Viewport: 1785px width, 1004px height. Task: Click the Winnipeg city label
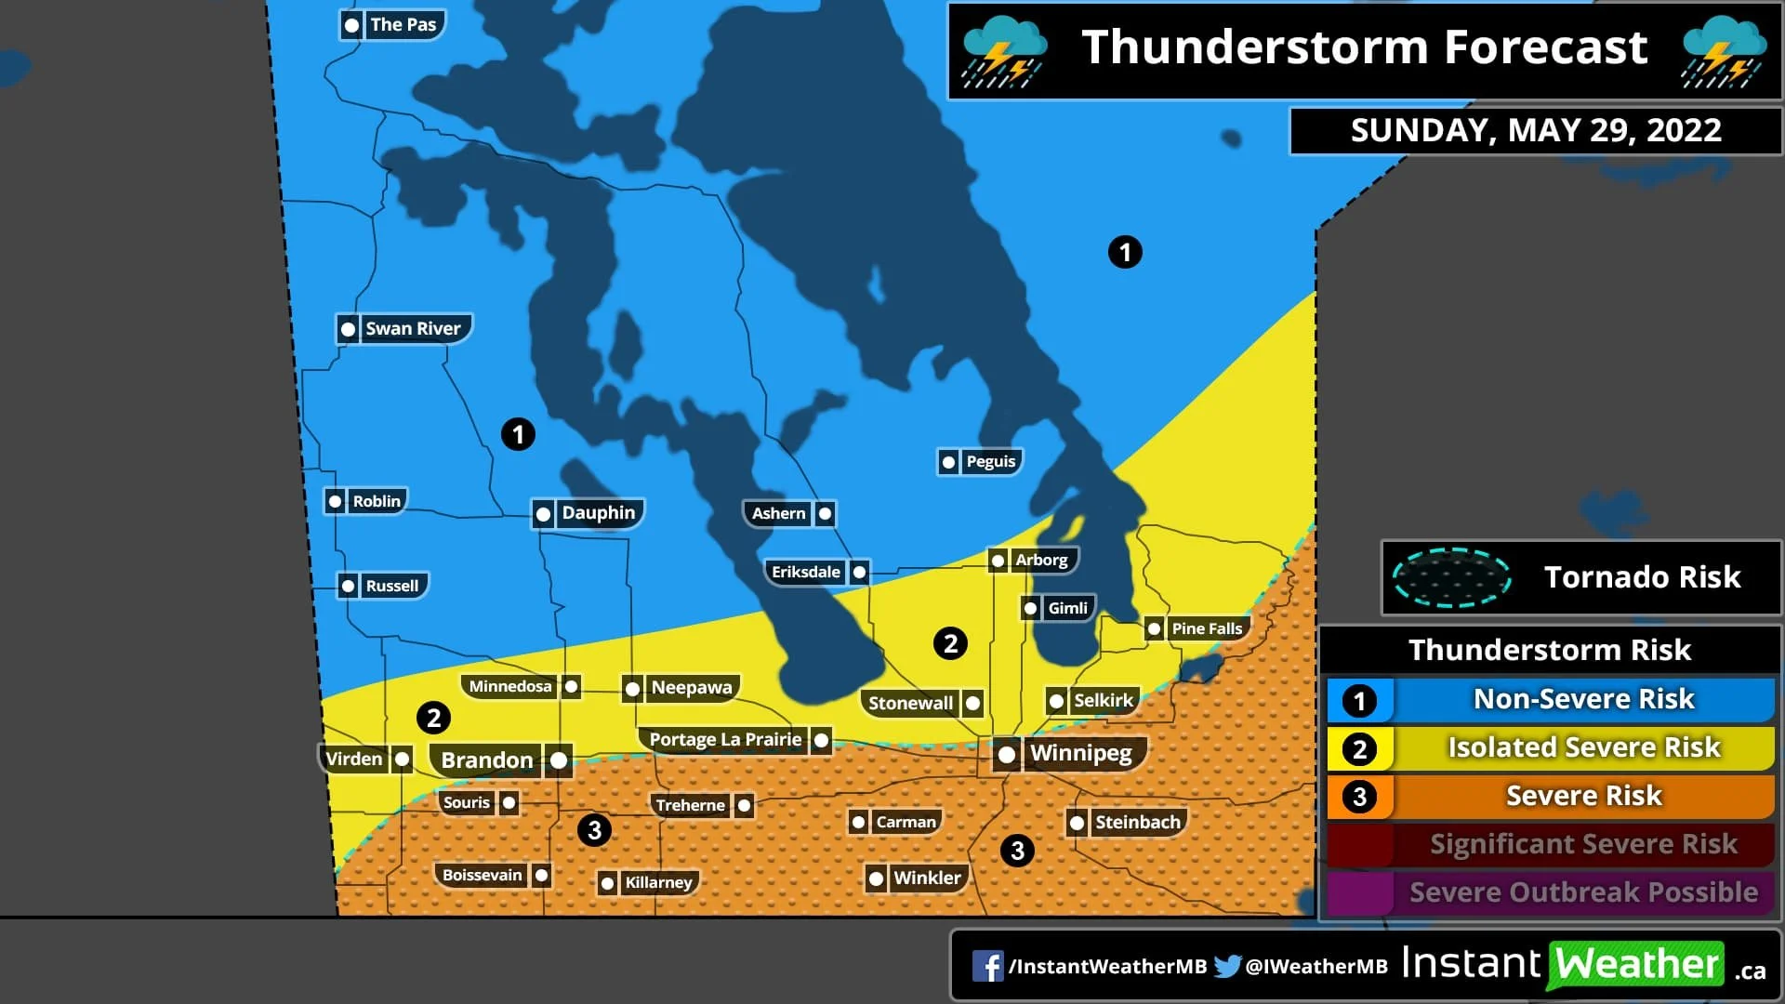(1080, 753)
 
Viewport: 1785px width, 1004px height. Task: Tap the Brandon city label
(486, 760)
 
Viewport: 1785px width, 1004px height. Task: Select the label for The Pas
(403, 25)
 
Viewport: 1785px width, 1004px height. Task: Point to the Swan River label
(413, 328)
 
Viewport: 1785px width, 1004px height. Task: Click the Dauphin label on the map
(598, 513)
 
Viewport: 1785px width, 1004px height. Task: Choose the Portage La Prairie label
(724, 740)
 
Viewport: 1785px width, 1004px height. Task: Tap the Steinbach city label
(1137, 822)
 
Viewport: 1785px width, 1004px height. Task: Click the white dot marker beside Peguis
(948, 462)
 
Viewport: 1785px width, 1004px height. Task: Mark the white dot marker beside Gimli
(1030, 609)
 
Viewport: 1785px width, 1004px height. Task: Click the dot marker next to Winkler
(876, 878)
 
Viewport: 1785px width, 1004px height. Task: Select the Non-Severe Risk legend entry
(1582, 700)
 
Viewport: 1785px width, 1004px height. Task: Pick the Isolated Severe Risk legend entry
(1582, 748)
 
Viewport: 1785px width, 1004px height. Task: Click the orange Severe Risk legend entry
(1582, 797)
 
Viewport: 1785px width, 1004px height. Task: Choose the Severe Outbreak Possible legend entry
(1582, 892)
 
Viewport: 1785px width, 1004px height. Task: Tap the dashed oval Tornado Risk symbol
(1451, 577)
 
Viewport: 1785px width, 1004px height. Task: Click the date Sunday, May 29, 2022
(1535, 131)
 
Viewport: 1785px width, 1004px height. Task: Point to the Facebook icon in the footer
(987, 966)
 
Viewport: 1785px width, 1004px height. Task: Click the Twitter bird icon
(1227, 966)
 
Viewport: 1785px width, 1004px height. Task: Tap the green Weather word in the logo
(1636, 965)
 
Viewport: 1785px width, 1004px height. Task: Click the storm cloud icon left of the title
(1002, 51)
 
